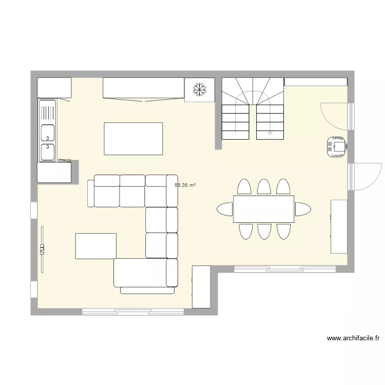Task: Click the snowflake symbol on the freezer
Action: coord(199,90)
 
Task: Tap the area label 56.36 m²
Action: coord(185,185)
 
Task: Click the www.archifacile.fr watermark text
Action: coord(353,338)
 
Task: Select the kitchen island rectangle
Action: coord(133,139)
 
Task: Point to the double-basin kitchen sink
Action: coord(48,131)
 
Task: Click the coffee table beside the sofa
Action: coord(95,246)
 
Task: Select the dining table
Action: coord(263,209)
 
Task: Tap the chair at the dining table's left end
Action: coord(225,209)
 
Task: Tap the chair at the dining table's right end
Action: coord(302,209)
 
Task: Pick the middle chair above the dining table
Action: coord(264,186)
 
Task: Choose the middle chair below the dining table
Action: coord(264,231)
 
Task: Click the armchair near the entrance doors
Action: coord(337,147)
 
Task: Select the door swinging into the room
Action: coord(334,115)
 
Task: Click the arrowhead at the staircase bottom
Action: coord(270,134)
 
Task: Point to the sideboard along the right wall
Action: coord(339,226)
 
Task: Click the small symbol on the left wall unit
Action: coord(42,249)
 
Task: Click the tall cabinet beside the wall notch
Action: coord(201,287)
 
